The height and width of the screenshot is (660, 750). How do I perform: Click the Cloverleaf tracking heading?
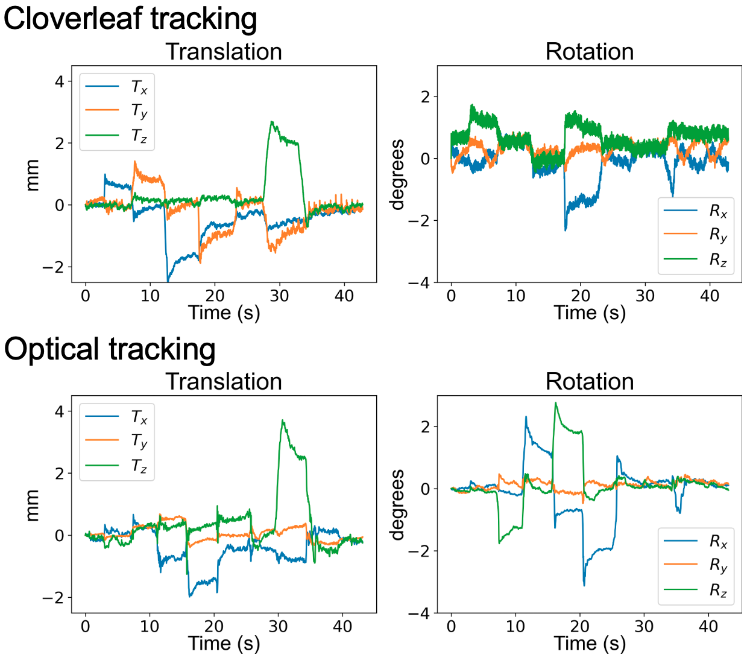130,18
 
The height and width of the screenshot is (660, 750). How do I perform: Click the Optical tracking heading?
110,349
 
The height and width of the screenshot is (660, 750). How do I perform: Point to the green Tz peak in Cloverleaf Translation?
272,122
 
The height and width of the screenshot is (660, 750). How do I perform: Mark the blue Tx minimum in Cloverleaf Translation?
168,280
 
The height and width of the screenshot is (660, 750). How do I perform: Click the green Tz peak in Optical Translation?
282,420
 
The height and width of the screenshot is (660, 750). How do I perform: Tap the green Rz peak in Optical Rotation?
556,403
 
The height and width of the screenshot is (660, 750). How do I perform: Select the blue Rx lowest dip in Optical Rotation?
584,585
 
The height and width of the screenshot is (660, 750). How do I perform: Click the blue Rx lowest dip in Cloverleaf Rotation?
566,230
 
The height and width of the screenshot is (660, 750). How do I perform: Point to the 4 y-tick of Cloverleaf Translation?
59,81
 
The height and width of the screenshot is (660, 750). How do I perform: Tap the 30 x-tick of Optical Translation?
279,626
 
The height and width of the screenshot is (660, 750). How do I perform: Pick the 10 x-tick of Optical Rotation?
515,626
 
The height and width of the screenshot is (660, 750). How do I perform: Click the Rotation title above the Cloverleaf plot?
589,52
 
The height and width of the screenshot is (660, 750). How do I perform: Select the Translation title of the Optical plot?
224,382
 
